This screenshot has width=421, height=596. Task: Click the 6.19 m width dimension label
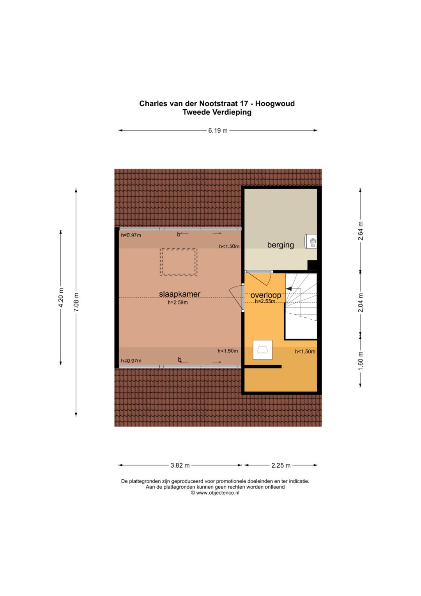point(218,131)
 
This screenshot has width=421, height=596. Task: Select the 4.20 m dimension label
point(61,297)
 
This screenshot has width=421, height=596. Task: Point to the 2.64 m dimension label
point(361,231)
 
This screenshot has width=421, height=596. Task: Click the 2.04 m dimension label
point(361,303)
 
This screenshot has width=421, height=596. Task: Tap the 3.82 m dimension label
point(180,465)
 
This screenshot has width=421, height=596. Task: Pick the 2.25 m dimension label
point(281,465)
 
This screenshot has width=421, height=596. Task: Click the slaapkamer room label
point(180,294)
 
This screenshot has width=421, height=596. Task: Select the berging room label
point(280,245)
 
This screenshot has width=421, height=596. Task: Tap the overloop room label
point(265,295)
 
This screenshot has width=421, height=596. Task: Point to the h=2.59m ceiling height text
point(177,302)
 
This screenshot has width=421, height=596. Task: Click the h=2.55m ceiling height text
point(265,301)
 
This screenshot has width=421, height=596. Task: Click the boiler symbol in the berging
point(311,241)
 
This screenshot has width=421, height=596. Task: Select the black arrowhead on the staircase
point(288,289)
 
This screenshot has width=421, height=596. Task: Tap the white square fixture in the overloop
point(263,350)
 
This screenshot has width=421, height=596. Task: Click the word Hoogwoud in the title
point(275,103)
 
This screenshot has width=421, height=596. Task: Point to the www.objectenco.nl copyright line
point(215,493)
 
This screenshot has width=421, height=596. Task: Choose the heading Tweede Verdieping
point(217,112)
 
